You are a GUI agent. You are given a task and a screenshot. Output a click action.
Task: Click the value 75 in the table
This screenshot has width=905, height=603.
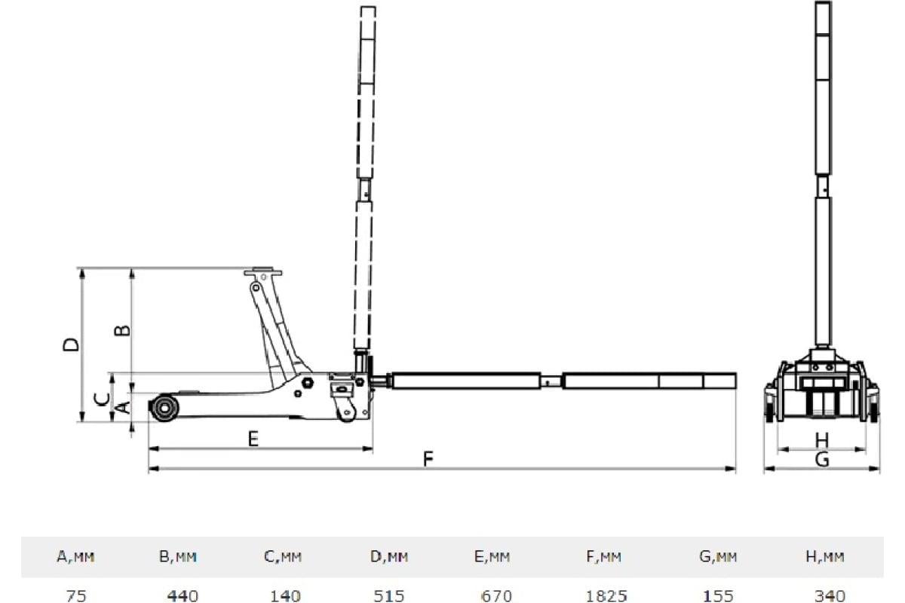76,595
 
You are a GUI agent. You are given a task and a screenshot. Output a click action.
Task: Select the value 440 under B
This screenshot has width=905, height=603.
183,595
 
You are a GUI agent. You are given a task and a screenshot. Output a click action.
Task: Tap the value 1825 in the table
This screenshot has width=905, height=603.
607,595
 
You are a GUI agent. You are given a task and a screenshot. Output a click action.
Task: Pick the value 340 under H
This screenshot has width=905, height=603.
830,595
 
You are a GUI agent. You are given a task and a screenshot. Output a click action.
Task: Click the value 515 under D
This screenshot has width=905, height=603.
389,595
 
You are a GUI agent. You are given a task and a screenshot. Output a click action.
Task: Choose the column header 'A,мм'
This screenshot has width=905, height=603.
76,557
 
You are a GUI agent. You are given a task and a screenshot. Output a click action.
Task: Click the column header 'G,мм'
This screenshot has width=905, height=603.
718,557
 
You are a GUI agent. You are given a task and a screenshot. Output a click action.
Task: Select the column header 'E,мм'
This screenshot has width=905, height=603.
492,557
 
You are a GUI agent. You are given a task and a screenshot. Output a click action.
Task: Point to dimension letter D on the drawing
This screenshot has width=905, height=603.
71,344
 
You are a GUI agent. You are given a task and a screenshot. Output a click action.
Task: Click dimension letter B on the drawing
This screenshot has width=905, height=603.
122,330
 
